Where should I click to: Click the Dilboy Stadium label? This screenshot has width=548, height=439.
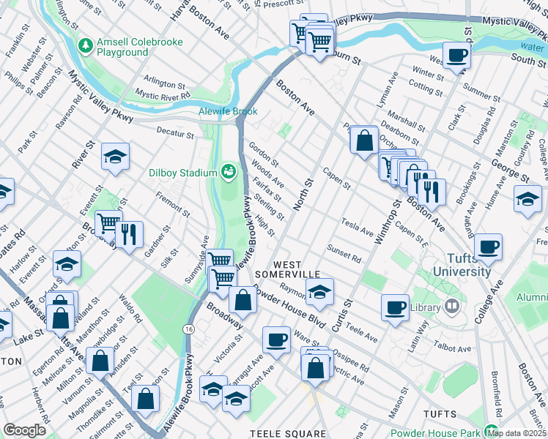(x=185, y=173)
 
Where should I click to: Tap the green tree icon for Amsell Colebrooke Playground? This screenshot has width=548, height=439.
(x=87, y=45)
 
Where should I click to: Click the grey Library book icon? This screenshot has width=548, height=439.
(x=452, y=307)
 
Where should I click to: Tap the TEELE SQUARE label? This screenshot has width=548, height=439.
(x=287, y=433)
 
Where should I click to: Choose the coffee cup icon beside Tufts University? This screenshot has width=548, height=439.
(x=489, y=247)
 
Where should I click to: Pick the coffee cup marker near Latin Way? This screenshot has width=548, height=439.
(x=395, y=306)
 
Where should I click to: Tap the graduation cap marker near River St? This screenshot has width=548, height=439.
(x=115, y=157)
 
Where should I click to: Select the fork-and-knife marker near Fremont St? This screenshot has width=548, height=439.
(x=129, y=234)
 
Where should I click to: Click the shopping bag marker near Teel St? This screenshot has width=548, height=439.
(x=147, y=399)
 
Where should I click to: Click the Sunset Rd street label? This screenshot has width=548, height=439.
(x=344, y=253)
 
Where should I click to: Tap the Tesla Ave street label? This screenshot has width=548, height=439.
(x=357, y=225)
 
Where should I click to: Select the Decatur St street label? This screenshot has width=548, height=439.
(x=174, y=134)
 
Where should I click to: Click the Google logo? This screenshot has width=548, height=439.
(x=24, y=430)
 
